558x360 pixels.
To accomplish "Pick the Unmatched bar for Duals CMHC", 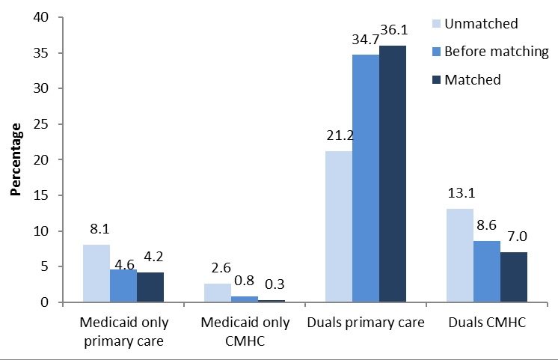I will click(459, 255).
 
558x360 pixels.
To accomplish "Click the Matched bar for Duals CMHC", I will click(514, 277).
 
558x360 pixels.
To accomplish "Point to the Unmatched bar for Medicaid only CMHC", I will click(217, 293).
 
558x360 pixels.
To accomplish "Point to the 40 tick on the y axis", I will click(46, 17).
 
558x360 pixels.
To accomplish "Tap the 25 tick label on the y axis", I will click(46, 124).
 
